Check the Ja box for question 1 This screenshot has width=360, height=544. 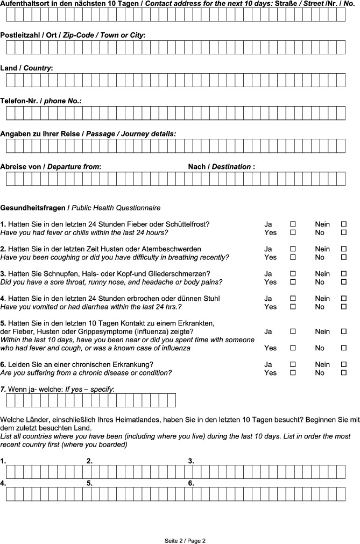[x=293, y=224]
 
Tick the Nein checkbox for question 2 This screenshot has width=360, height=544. [x=343, y=249]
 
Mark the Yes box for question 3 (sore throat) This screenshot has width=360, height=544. [x=293, y=282]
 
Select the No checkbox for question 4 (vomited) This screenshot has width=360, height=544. [x=343, y=307]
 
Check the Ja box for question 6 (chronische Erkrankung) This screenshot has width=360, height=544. [x=293, y=364]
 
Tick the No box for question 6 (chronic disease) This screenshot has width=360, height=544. [x=343, y=373]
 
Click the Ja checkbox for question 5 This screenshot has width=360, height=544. [x=293, y=332]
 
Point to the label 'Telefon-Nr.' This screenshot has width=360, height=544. [x=20, y=101]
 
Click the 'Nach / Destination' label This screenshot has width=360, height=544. [x=221, y=167]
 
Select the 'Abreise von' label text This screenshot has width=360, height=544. [x=22, y=167]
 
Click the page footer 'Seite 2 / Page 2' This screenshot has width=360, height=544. [x=185, y=540]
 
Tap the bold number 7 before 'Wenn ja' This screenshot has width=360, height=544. [x=3, y=388]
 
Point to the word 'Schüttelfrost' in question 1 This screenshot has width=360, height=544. [x=188, y=224]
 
